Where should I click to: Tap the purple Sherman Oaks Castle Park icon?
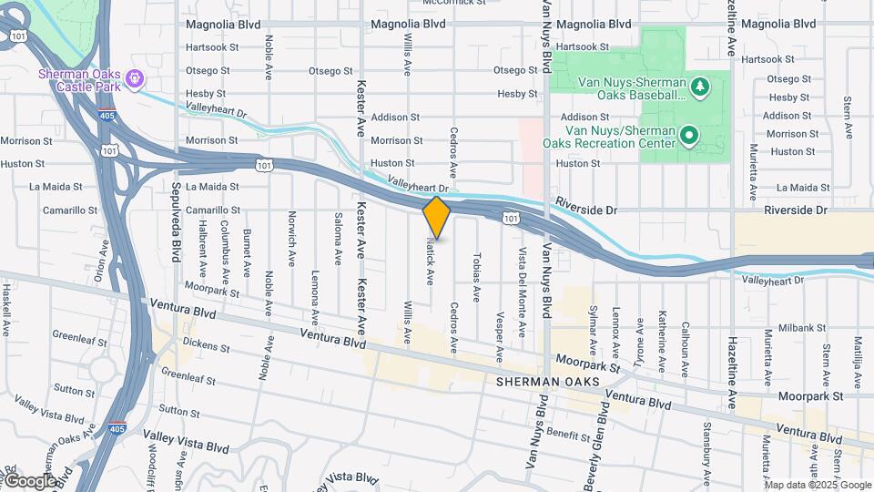coord(135,79)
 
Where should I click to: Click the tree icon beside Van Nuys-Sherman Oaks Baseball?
coord(699,87)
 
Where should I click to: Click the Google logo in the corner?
coord(29,480)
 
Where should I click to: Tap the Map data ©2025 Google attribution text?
coord(818,485)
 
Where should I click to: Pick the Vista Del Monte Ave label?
coord(523,291)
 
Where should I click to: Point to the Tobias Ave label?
coord(476,277)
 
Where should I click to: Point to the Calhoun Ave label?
coord(685,348)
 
